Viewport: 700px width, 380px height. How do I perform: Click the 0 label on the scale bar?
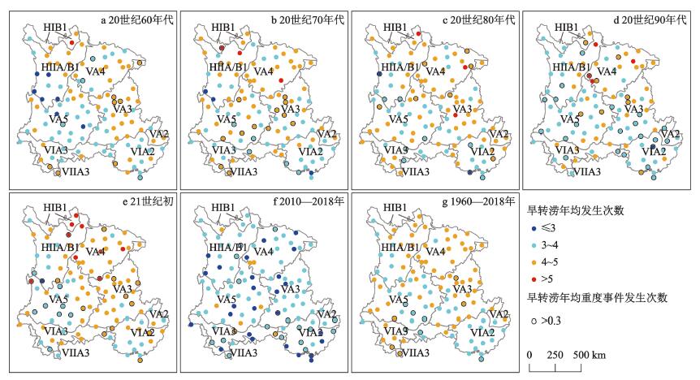coord(529,356)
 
